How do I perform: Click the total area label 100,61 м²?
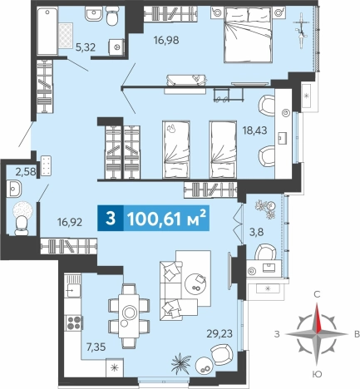pos(166,219)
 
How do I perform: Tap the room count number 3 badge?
pos(111,219)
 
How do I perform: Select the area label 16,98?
pos(166,41)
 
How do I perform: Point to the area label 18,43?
pos(254,130)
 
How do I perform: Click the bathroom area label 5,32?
pos(86,47)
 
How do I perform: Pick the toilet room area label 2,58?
pos(26,172)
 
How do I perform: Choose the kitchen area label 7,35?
pos(96,347)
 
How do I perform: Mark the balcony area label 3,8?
pos(256,232)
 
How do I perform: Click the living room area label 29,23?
pos(219,333)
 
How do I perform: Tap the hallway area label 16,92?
pos(70,222)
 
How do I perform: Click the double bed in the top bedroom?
pos(247,35)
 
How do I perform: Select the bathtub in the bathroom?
pos(47,31)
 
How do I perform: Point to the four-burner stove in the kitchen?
pos(74,323)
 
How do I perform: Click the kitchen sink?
pos(72,288)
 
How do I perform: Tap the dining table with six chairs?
pos(129,316)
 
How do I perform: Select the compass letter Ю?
pos(317,374)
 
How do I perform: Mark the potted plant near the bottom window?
pos(180,362)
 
